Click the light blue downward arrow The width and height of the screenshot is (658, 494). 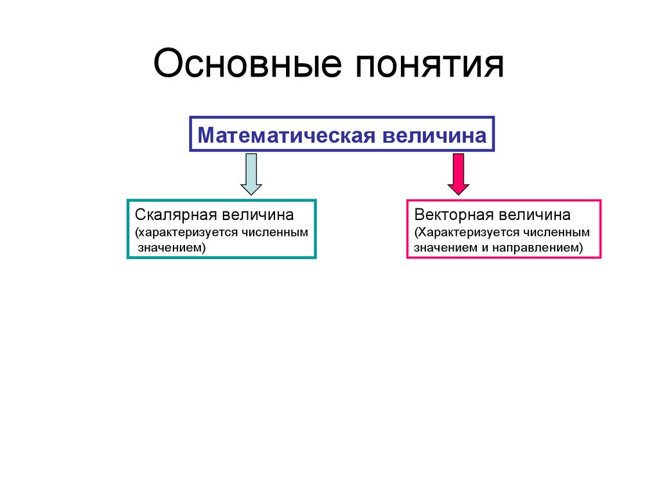tap(251, 172)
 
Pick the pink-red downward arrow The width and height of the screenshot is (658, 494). tap(458, 172)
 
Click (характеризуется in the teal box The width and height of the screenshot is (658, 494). tap(187, 231)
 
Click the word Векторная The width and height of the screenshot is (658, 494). tap(455, 214)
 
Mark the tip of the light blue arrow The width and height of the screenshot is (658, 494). tap(251, 194)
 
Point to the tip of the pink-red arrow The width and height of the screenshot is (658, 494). tap(458, 194)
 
